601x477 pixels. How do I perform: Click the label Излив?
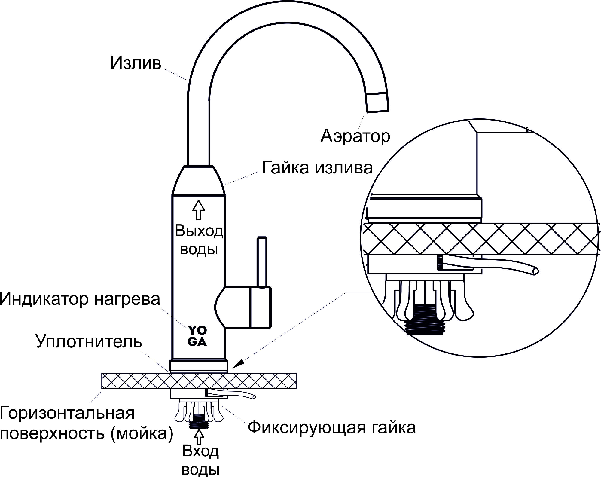(x=136, y=63)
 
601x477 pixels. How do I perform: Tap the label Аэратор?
(x=355, y=136)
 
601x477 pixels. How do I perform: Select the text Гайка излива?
(x=317, y=168)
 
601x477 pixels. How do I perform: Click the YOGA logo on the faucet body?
(x=197, y=336)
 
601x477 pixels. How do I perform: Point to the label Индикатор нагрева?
(x=80, y=299)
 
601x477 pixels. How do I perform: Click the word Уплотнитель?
(x=89, y=341)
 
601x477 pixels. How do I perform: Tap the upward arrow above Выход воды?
(x=198, y=209)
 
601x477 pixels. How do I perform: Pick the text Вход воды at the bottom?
(x=200, y=460)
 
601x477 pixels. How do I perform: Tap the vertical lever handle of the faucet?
(x=262, y=261)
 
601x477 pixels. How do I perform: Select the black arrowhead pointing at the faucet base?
(x=237, y=363)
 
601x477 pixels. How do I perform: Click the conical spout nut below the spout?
(x=199, y=180)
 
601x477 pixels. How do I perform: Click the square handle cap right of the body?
(x=261, y=307)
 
